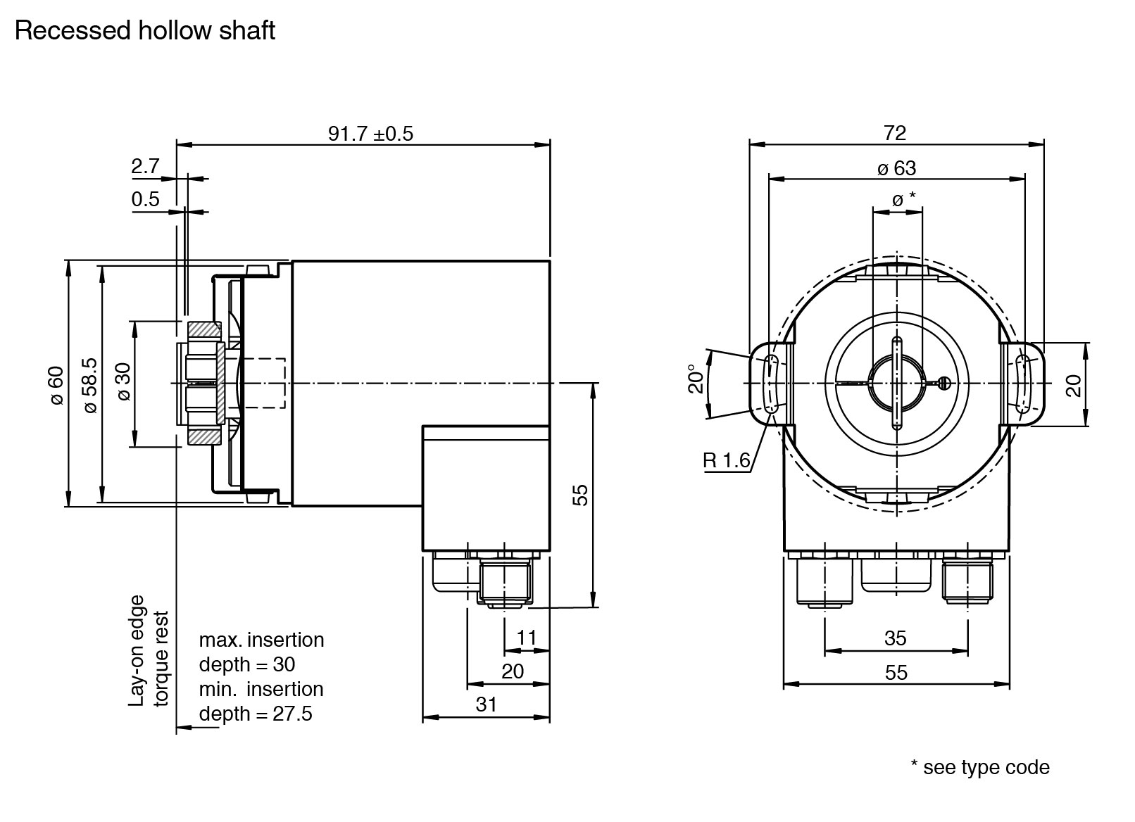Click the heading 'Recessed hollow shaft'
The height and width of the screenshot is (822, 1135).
click(144, 31)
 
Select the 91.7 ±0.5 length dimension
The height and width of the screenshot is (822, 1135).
click(370, 134)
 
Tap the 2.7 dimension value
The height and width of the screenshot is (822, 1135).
click(146, 167)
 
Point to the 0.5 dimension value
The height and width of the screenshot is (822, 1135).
click(146, 199)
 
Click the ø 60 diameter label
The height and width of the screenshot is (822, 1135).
click(56, 385)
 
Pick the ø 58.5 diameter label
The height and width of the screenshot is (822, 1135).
click(90, 385)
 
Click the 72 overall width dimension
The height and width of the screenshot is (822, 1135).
click(895, 132)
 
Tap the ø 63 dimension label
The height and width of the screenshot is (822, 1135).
click(897, 168)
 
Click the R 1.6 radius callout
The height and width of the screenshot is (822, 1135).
click(727, 462)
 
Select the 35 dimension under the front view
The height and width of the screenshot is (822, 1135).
click(895, 638)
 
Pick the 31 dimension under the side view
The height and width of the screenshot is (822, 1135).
click(486, 704)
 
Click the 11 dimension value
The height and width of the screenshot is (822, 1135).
click(527, 638)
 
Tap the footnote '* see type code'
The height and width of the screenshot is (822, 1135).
click(980, 767)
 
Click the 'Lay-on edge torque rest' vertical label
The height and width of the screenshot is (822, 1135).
click(149, 651)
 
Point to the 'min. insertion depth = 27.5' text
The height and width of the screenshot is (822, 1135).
click(261, 701)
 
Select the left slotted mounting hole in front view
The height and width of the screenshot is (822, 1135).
click(772, 384)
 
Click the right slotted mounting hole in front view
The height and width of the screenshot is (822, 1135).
click(1023, 384)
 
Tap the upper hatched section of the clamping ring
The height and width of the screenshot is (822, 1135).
click(205, 330)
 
